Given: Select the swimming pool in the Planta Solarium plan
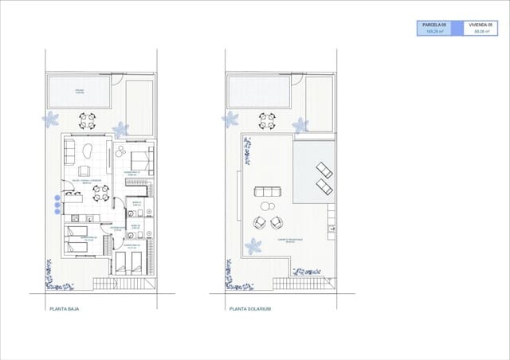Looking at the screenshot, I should pos(257,92).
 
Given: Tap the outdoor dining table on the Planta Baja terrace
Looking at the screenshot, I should pos(87,120).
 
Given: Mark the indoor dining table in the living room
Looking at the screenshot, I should pos(98,192).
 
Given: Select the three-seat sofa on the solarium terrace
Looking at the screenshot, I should pos(266,192).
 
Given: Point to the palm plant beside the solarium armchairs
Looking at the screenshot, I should pos(253,245).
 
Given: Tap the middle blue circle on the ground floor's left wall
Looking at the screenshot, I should pos(56,205).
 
